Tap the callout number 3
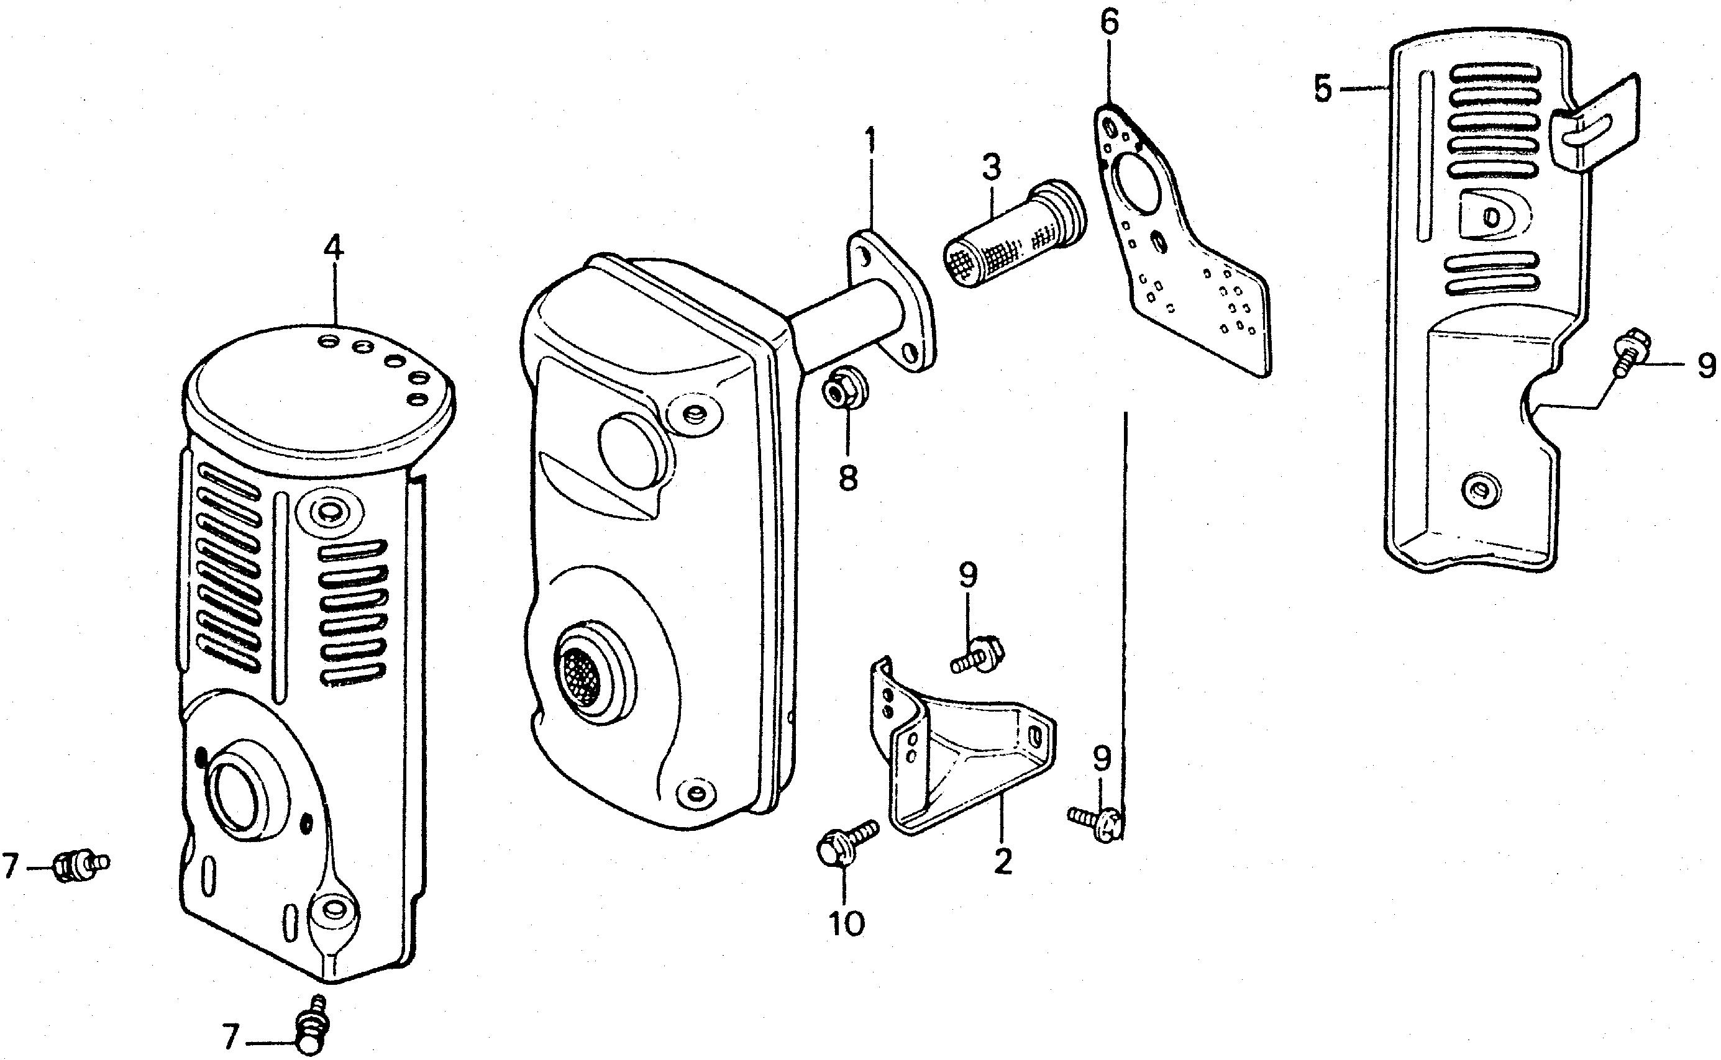991,166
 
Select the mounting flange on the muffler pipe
891,301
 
